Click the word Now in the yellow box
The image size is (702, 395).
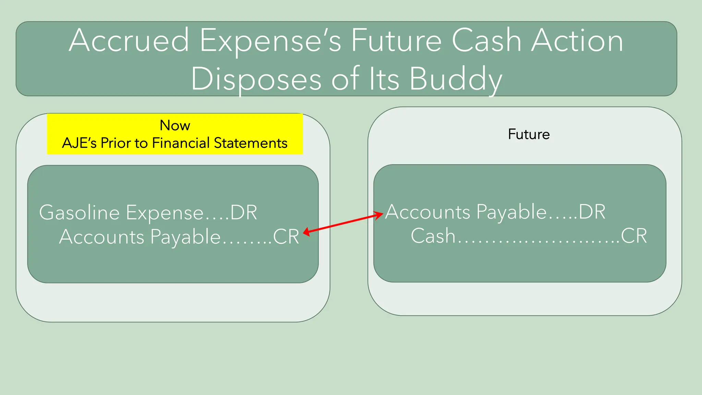click(175, 125)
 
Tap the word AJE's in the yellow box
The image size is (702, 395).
click(79, 143)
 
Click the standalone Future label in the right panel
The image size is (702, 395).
click(529, 134)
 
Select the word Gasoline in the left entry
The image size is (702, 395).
click(79, 213)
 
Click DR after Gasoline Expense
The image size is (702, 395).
click(243, 213)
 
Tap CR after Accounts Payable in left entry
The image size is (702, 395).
click(286, 237)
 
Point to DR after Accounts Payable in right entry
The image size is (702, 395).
click(592, 212)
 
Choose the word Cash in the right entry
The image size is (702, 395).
click(433, 236)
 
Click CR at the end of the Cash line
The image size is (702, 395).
click(634, 236)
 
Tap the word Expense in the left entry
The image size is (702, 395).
click(165, 213)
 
